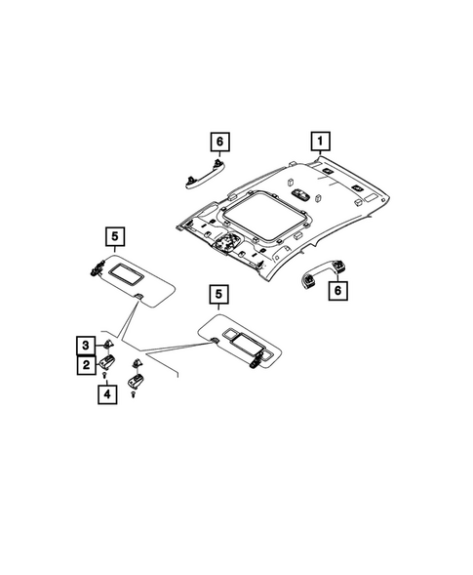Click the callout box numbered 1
pyautogui.click(x=320, y=142)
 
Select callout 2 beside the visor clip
pyautogui.click(x=87, y=365)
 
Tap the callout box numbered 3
pyautogui.click(x=86, y=346)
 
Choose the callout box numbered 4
pyautogui.click(x=107, y=394)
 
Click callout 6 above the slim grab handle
pyautogui.click(x=219, y=142)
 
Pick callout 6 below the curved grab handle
pyautogui.click(x=337, y=291)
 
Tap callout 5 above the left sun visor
pyautogui.click(x=115, y=236)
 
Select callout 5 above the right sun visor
pyautogui.click(x=218, y=294)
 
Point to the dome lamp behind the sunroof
pyautogui.click(x=301, y=194)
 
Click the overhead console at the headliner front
pyautogui.click(x=227, y=243)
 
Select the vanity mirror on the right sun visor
pyautogui.click(x=248, y=346)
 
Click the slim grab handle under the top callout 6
pyautogui.click(x=205, y=175)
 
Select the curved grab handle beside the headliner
pyautogui.click(x=323, y=271)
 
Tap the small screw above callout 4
pyautogui.click(x=105, y=375)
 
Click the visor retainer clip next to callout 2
pyautogui.click(x=106, y=362)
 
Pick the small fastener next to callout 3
pyautogui.click(x=107, y=344)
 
